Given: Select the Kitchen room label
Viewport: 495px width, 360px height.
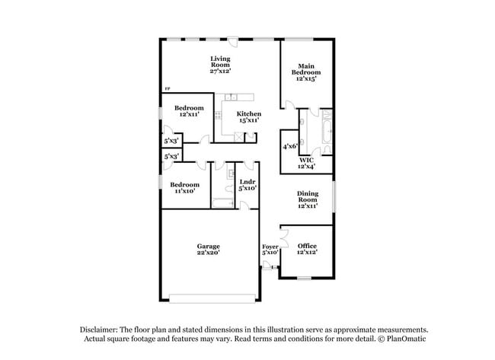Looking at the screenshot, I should click(248, 113).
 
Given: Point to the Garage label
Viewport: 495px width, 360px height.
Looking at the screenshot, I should click(208, 246).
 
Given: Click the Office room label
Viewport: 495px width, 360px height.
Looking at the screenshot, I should click(307, 246).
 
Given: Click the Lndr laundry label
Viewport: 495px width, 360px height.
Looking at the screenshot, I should click(247, 182).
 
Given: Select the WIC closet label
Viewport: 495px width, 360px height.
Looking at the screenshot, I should click(306, 160).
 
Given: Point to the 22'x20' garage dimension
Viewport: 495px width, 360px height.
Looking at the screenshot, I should click(208, 253).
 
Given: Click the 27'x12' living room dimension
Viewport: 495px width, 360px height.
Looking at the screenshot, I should click(220, 71).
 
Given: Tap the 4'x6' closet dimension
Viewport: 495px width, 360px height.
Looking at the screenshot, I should click(290, 145).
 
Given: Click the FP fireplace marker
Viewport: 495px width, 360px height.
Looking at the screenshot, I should click(168, 91).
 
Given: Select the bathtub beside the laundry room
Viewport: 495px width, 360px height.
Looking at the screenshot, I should click(224, 202).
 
